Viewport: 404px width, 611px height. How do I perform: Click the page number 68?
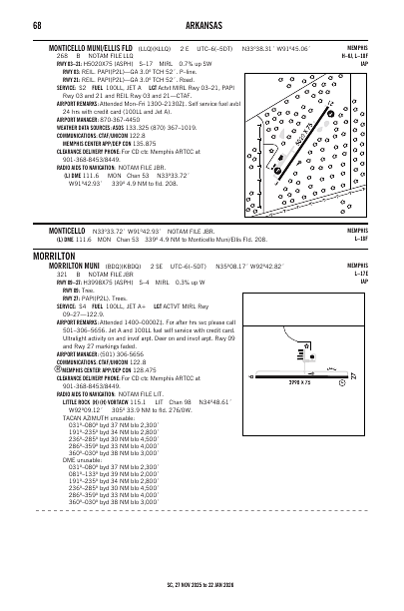coord(36,25)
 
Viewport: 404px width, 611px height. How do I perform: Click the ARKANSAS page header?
coord(202,25)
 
